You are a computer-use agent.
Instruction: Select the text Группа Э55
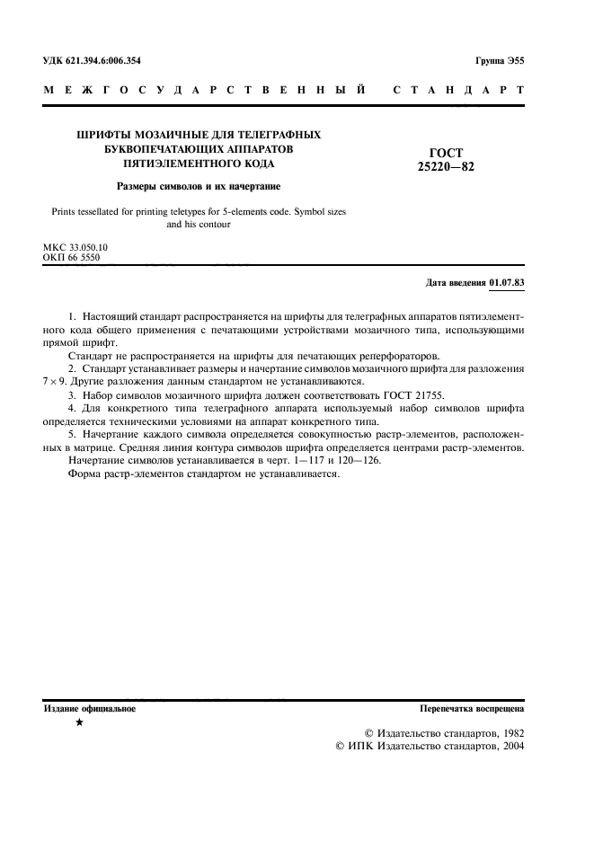tap(500, 61)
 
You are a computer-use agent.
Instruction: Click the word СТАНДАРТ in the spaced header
tap(459, 91)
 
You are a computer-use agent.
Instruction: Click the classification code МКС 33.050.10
tap(75, 246)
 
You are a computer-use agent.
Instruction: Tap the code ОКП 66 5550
tap(72, 257)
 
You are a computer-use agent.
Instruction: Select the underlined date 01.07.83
tap(507, 283)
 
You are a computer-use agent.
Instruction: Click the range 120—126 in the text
tap(360, 459)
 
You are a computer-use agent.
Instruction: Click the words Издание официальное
tap(90, 709)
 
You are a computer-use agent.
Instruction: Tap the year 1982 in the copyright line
tap(506, 732)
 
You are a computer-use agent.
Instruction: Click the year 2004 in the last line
tap(506, 746)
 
